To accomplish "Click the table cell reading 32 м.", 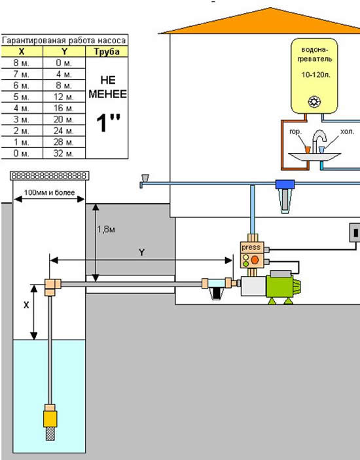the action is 64,153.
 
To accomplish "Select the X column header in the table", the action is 22,52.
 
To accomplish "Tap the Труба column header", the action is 107,52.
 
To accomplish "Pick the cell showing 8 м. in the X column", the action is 22,63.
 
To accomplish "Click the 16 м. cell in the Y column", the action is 64,108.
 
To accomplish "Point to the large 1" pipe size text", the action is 108,123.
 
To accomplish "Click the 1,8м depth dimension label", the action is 106,229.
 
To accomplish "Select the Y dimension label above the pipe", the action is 142,253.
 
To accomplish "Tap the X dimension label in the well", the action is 26,305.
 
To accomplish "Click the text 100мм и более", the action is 49,192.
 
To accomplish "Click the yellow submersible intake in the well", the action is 50,419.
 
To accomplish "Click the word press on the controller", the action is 251,247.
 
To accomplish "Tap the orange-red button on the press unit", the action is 255,260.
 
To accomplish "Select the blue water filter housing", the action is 285,196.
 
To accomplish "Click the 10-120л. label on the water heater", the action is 315,75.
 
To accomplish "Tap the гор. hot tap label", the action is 295,132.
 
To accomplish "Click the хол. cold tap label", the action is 347,132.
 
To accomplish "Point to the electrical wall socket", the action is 355,233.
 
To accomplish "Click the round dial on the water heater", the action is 314,102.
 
